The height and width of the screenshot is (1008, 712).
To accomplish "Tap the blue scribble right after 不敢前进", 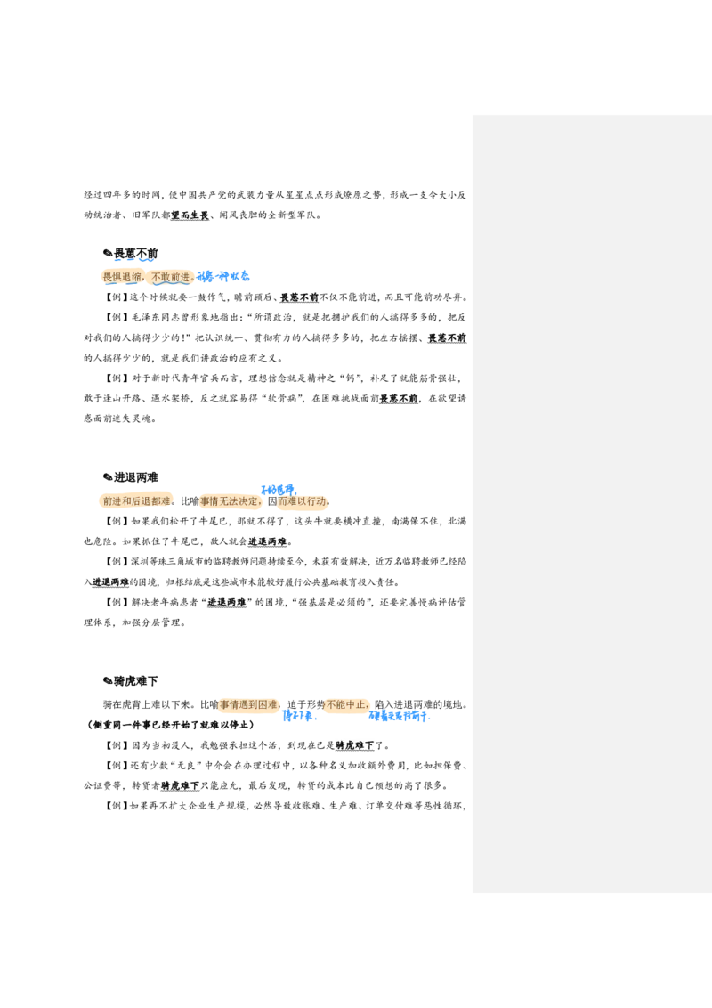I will click(224, 277).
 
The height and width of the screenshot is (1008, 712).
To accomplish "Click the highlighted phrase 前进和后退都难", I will click(136, 501).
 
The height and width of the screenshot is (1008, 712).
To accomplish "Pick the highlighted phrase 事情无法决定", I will click(231, 501).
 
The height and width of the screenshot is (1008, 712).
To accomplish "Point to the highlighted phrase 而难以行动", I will click(303, 501).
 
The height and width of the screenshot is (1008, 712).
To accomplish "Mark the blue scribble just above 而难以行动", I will click(278, 489).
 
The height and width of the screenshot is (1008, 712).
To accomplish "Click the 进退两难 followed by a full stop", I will click(268, 541).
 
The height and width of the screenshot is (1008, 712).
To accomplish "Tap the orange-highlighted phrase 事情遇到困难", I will click(251, 705).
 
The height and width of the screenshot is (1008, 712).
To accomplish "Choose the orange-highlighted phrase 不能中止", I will click(347, 705).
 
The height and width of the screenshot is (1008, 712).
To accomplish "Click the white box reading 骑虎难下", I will click(356, 745).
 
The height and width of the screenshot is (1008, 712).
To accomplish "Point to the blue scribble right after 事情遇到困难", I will click(299, 716).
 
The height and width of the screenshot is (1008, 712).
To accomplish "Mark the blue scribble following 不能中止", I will click(399, 716).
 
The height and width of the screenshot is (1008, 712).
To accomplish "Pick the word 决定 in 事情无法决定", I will click(250, 501).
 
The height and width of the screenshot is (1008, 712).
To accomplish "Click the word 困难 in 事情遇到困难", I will click(269, 705).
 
